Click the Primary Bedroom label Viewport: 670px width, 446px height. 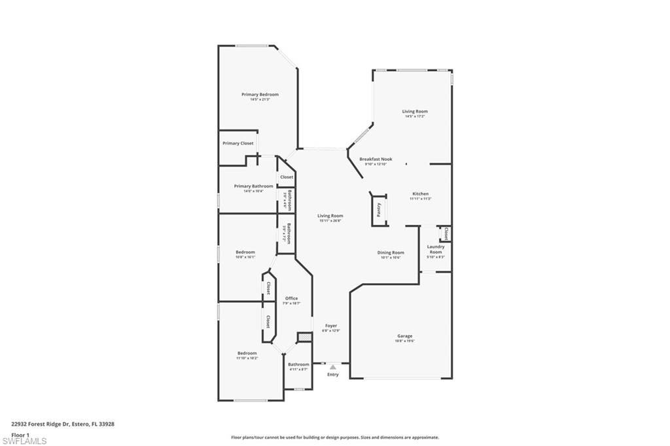point(259,95)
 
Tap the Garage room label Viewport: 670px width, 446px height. point(404,336)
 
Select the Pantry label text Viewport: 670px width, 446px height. point(379,210)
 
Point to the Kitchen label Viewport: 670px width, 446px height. point(420,194)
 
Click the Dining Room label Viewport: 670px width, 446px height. point(390,252)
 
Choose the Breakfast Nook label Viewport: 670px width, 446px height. point(376,160)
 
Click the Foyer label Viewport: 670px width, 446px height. point(331,325)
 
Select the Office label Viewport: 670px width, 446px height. point(291,298)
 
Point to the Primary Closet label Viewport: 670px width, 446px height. point(238,143)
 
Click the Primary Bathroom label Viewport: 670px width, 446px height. point(253,186)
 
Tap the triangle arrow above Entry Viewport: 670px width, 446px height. point(332,368)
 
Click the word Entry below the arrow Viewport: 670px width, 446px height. point(333,375)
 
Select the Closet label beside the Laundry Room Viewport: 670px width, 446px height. point(446,233)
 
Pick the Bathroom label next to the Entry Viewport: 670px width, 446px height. point(298,364)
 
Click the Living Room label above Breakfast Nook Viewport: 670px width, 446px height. point(415,111)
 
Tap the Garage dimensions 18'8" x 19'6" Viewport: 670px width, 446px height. point(404,341)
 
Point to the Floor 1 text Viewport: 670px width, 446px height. point(20,434)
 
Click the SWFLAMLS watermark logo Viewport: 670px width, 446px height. point(24,441)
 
